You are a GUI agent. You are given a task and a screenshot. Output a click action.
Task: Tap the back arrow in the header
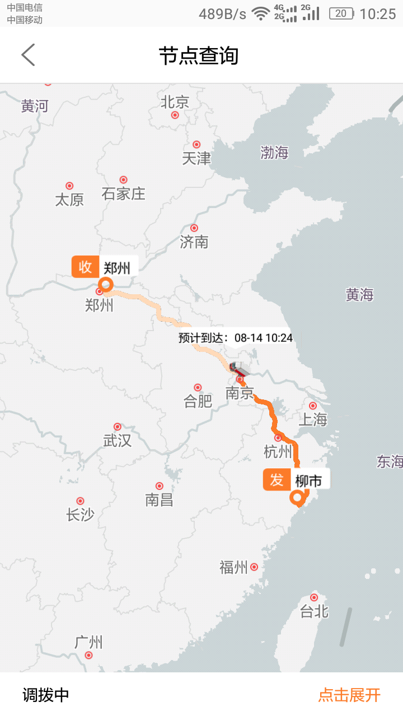point(28,55)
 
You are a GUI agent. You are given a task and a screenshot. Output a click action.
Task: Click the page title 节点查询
point(199,56)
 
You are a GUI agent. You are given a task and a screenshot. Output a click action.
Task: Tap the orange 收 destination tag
point(85,267)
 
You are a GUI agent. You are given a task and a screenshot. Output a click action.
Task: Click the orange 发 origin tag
point(277,479)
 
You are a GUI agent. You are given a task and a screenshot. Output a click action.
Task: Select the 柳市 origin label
point(308,480)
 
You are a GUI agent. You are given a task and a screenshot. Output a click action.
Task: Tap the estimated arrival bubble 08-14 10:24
point(236,337)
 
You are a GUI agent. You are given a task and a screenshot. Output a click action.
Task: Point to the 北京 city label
point(175,102)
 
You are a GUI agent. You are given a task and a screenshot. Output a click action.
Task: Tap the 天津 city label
point(196,159)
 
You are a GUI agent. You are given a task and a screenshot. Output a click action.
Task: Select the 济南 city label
point(194,242)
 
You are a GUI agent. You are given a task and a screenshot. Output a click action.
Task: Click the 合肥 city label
point(198,401)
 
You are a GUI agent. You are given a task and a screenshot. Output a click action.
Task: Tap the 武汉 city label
point(118,440)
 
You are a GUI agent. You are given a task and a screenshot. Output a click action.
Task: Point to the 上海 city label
point(313,419)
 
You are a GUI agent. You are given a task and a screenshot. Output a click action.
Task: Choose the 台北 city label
point(314,611)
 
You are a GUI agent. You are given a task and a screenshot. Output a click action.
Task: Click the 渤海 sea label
point(274,152)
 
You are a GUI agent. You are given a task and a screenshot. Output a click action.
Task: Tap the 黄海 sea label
point(359,295)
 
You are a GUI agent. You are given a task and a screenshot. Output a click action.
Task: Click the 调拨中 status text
point(46,695)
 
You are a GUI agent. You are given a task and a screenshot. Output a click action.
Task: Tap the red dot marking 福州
point(254,567)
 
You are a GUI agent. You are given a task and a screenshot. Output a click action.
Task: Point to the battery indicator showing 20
point(341,13)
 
